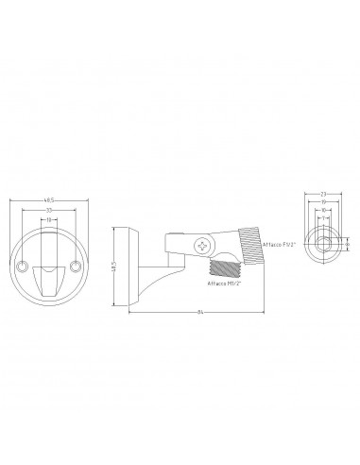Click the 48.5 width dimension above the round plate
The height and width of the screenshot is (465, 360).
[47, 199]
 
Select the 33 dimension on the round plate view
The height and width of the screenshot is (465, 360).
[47, 210]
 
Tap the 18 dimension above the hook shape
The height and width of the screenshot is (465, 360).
[47, 219]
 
